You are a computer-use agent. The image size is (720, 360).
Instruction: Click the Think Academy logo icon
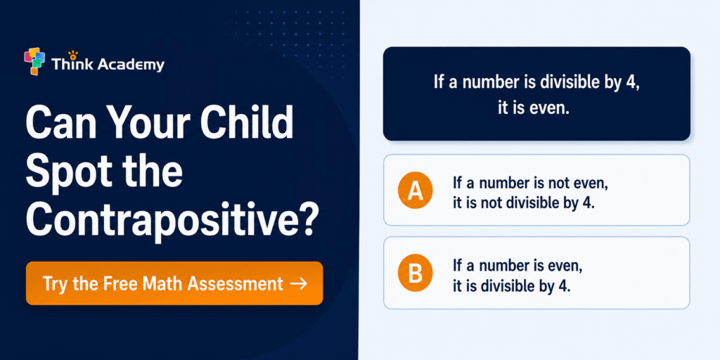click(35, 62)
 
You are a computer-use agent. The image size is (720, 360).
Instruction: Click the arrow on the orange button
click(299, 284)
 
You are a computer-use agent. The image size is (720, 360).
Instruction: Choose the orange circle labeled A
click(415, 191)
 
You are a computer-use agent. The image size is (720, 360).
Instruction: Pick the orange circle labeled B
click(415, 274)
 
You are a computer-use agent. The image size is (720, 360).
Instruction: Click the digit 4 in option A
click(589, 203)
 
